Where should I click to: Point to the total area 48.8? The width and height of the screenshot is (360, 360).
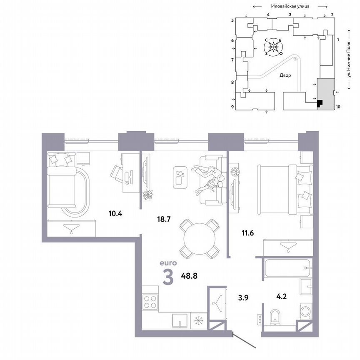[x=189, y=275]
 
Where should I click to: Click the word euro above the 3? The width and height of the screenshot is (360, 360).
[x=168, y=263]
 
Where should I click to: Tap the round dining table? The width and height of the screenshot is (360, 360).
[x=199, y=238]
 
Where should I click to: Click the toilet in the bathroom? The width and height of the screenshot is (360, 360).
[x=275, y=317]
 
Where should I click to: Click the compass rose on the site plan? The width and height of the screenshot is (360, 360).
[x=273, y=47]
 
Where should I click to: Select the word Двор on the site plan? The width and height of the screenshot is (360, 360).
[x=285, y=76]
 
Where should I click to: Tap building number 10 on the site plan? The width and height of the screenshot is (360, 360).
[x=338, y=107]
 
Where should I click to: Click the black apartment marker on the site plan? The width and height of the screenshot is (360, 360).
[x=319, y=103]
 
